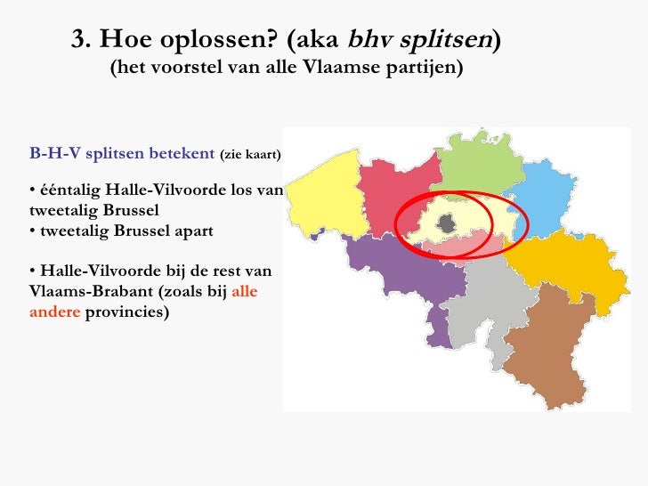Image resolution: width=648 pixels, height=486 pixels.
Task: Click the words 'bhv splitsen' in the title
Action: pyautogui.click(x=419, y=39)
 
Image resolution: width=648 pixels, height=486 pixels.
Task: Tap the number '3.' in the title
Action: pyautogui.click(x=82, y=39)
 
